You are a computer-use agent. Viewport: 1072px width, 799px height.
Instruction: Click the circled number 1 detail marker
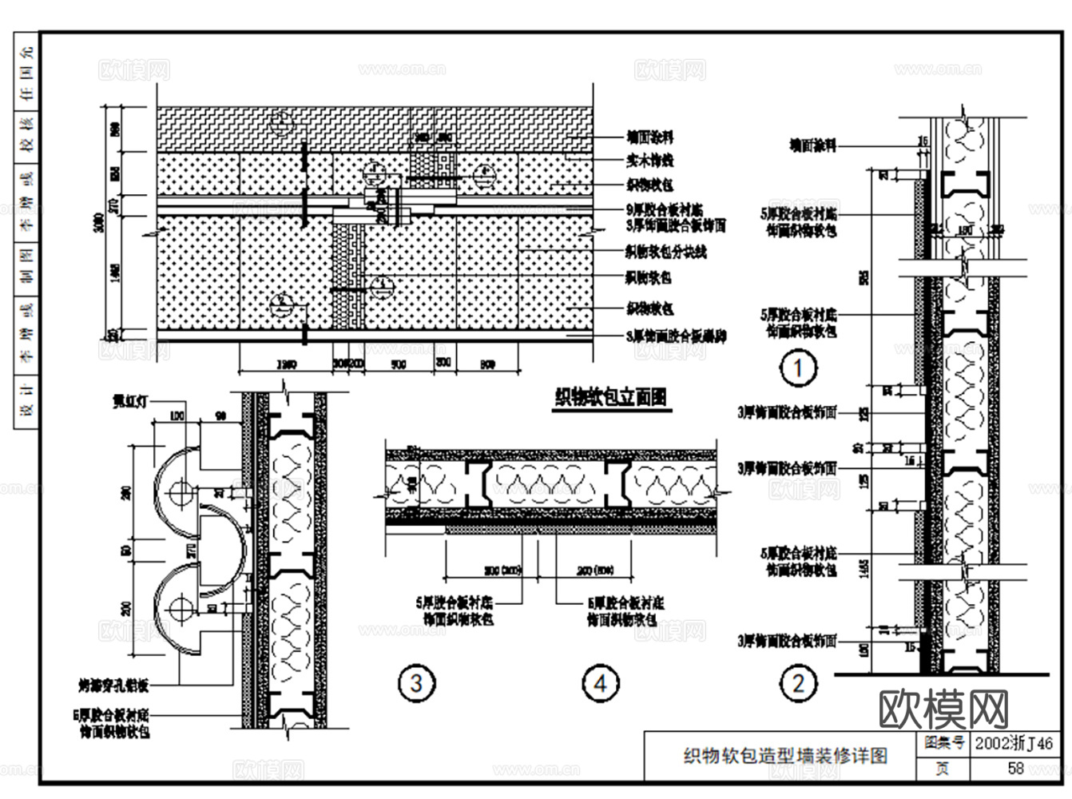coord(797,368)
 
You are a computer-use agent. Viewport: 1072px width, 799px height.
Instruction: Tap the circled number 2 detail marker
coord(797,682)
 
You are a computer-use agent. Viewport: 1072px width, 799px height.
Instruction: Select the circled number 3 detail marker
coord(416,682)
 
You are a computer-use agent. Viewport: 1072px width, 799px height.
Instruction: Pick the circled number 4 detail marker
coord(600,682)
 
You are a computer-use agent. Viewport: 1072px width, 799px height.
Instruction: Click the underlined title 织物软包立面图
coord(611,397)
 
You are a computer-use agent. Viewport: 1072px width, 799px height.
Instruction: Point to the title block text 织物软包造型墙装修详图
coord(785,755)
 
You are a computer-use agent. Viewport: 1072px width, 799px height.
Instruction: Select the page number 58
coord(1015,768)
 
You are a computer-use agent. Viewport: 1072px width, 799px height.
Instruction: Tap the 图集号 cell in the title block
coord(943,743)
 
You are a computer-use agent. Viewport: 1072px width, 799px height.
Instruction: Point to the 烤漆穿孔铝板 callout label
coord(113,685)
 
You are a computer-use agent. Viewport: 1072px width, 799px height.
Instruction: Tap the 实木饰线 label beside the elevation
coord(649,161)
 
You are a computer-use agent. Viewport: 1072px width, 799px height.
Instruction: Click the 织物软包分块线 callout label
coord(665,252)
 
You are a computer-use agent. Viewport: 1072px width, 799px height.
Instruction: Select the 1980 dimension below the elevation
coord(287,364)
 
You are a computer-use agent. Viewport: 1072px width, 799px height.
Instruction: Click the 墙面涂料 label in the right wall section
coord(812,145)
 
